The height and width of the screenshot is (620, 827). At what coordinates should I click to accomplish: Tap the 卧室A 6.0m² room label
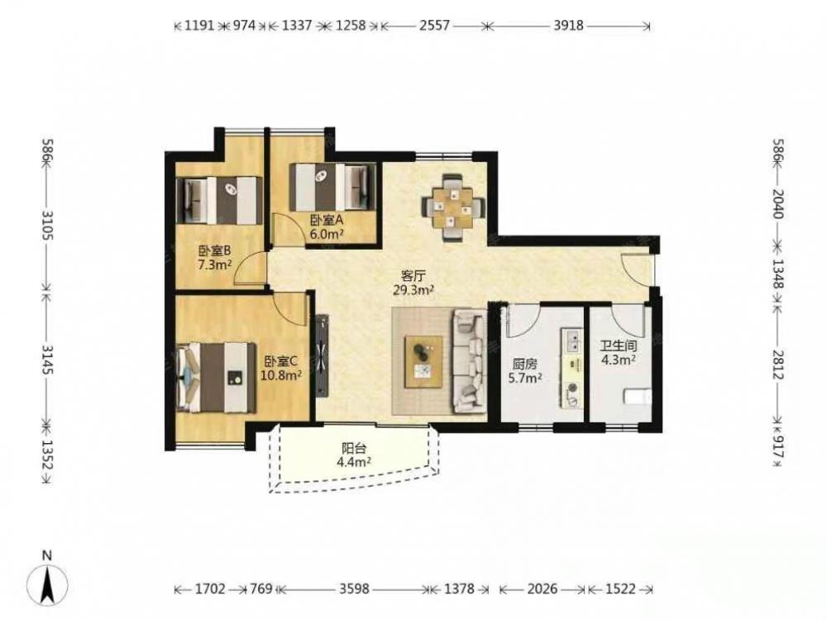327,227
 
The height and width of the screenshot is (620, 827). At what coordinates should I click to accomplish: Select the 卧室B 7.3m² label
215,258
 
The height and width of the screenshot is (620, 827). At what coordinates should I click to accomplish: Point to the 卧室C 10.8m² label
283,368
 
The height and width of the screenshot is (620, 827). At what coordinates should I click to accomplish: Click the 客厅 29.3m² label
413,282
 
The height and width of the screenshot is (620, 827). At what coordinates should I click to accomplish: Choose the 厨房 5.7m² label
525,371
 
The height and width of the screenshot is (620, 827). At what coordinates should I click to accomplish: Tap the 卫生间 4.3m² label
618,353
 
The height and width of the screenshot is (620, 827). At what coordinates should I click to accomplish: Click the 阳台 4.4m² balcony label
354,455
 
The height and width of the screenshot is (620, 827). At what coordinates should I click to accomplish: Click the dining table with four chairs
453,207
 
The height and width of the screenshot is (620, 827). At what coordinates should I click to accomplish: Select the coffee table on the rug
423,362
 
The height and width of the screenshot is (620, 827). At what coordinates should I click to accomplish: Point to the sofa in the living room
471,361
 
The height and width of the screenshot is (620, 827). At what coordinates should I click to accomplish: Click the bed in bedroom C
217,378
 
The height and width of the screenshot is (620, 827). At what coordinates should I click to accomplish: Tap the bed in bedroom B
219,200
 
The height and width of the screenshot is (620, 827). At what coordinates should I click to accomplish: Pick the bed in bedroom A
332,187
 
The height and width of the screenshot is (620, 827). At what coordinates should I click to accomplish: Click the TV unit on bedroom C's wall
323,355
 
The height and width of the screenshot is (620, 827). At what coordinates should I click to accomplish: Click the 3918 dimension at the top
568,25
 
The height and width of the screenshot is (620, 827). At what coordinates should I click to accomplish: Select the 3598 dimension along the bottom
354,589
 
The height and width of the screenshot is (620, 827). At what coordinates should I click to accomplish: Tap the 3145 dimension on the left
48,360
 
